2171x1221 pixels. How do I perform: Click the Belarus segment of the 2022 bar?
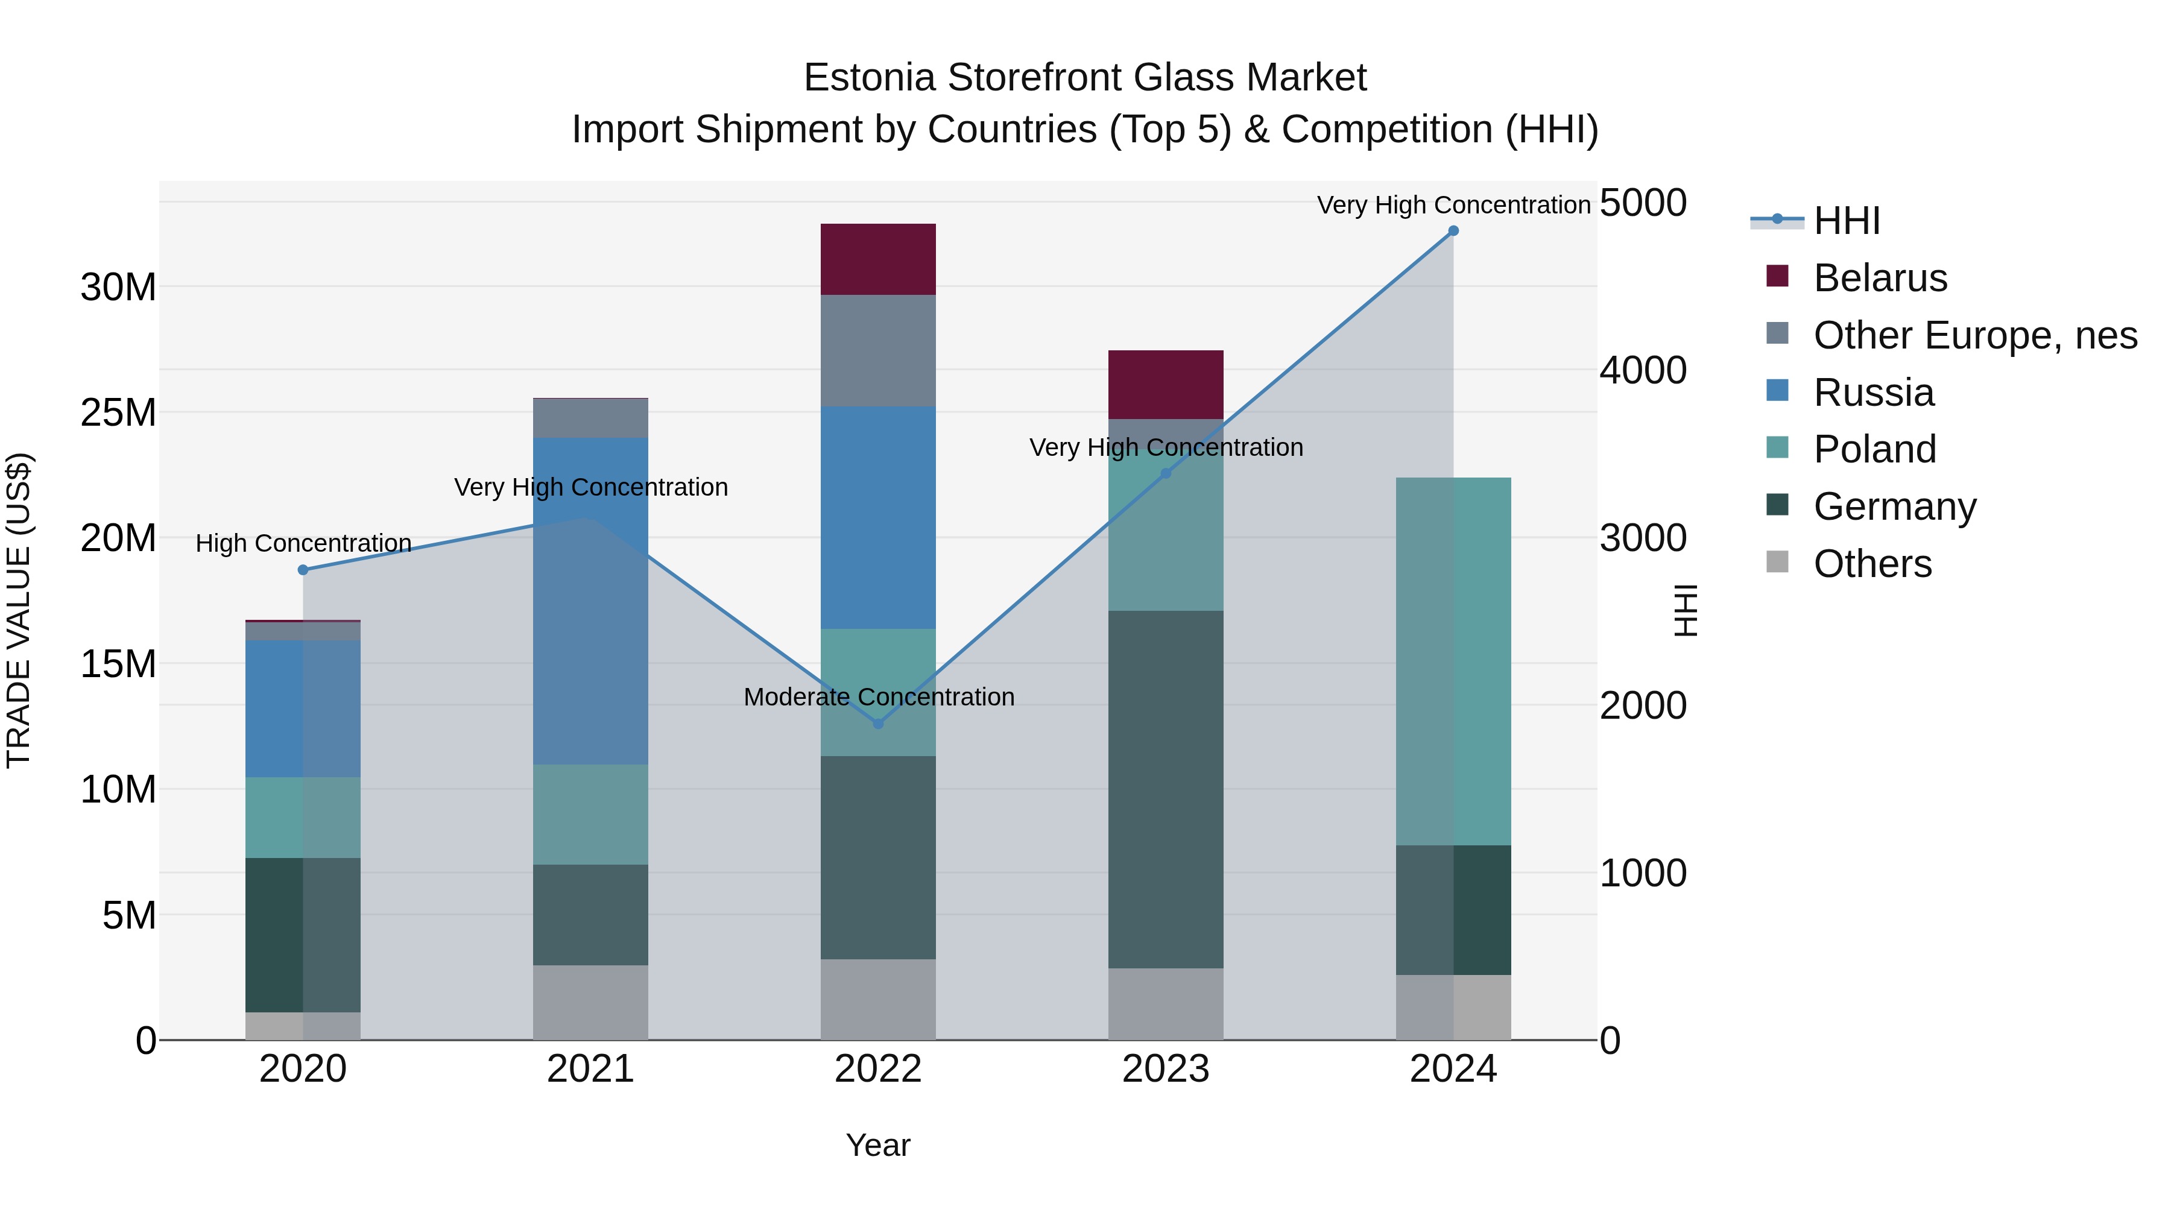point(877,259)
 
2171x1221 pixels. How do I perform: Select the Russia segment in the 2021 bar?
point(590,600)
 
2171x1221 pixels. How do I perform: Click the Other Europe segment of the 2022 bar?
point(877,350)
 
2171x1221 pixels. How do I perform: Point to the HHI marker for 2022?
point(877,724)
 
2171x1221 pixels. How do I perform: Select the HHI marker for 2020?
point(303,570)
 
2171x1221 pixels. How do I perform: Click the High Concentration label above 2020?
point(303,543)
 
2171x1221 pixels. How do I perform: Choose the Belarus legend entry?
point(1879,278)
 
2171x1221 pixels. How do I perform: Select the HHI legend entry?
point(1846,221)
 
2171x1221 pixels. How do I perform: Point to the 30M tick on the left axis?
point(118,288)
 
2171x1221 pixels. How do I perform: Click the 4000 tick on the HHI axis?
point(1643,370)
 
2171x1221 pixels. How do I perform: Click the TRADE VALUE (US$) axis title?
point(19,610)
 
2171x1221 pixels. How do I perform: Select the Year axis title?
point(877,1145)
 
